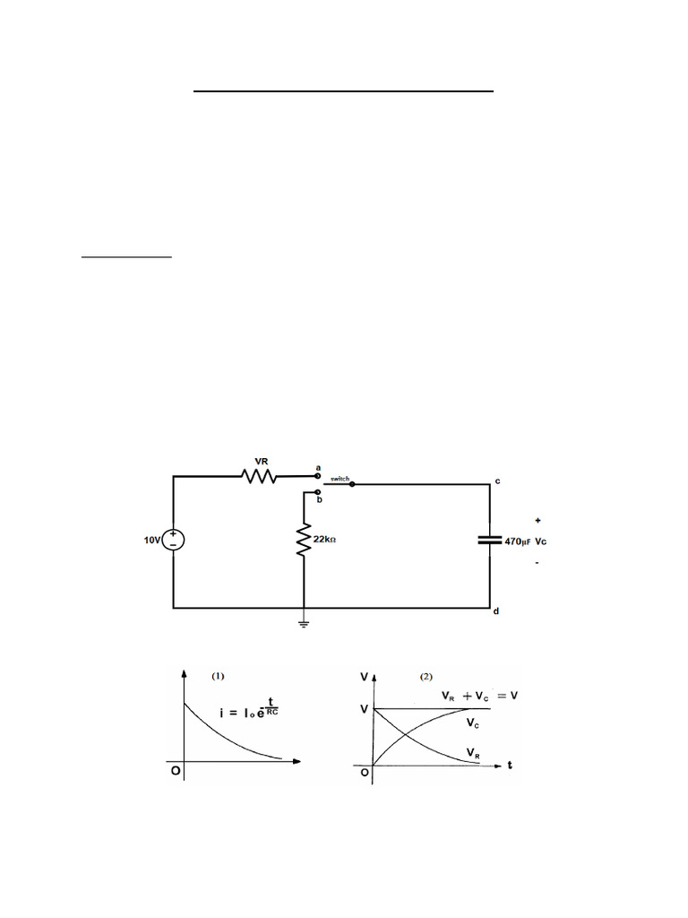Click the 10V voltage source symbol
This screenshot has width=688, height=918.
pyautogui.click(x=173, y=540)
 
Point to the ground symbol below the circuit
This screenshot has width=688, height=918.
pyautogui.click(x=305, y=623)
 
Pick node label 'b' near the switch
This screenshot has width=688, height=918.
pyautogui.click(x=318, y=500)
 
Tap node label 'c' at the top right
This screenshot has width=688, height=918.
pyautogui.click(x=497, y=481)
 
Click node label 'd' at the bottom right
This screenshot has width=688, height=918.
pyautogui.click(x=496, y=612)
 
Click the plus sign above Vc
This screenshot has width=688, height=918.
pyautogui.click(x=537, y=519)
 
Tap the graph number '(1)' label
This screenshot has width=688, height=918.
pyautogui.click(x=219, y=677)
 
